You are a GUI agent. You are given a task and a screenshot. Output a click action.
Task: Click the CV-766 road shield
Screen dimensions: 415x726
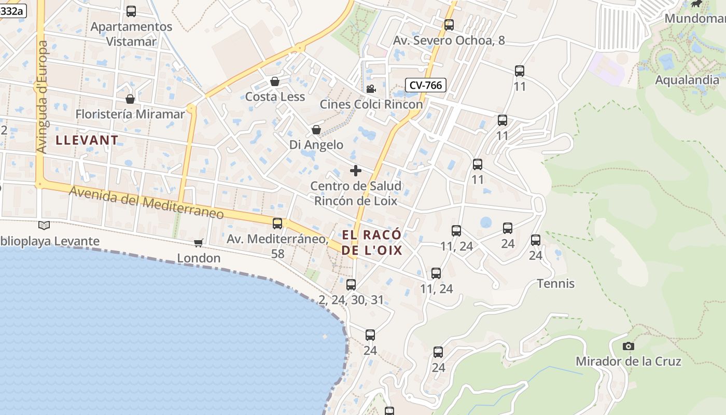425,85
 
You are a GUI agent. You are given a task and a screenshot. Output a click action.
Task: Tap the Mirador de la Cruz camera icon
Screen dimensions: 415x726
628,346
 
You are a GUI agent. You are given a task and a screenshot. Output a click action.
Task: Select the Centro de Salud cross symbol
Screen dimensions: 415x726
356,170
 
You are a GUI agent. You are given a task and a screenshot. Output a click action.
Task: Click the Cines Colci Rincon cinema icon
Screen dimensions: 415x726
371,89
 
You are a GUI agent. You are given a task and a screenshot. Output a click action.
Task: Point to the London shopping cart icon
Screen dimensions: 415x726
199,242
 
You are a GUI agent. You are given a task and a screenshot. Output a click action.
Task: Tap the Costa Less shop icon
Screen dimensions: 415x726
275,81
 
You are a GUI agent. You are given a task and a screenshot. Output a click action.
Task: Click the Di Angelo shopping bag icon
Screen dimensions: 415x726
316,129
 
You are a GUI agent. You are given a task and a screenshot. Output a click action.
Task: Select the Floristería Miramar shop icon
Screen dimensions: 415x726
130,99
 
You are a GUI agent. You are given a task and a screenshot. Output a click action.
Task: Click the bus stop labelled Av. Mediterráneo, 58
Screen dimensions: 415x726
277,224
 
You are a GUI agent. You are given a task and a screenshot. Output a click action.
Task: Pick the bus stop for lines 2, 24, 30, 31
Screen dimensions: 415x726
351,284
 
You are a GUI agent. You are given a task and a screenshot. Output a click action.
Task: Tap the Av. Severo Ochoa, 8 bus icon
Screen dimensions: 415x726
449,24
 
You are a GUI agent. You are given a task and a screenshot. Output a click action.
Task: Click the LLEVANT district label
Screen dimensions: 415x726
87,140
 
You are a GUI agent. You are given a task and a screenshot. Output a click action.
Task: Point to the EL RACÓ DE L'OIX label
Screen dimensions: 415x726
372,242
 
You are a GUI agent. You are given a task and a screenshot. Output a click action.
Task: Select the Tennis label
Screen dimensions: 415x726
555,284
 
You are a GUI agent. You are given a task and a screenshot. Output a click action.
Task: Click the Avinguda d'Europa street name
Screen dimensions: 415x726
42,97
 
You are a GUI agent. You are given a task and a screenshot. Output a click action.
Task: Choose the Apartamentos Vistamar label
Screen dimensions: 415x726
131,34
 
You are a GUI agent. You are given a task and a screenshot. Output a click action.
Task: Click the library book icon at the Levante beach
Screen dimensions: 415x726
44,225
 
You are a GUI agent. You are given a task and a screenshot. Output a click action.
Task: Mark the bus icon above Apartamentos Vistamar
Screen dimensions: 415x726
131,11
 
